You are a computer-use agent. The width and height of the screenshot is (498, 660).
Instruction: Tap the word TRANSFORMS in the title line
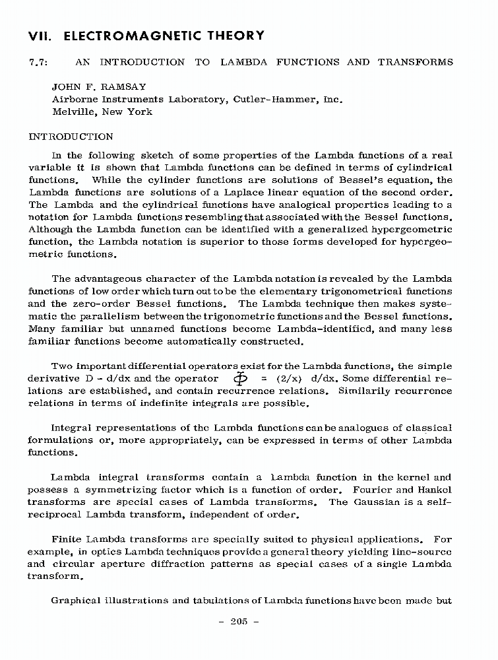pos(416,63)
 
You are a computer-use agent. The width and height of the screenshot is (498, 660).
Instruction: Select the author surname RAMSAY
pos(124,86)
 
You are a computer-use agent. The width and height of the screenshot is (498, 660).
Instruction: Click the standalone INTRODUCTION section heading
pos(71,137)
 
